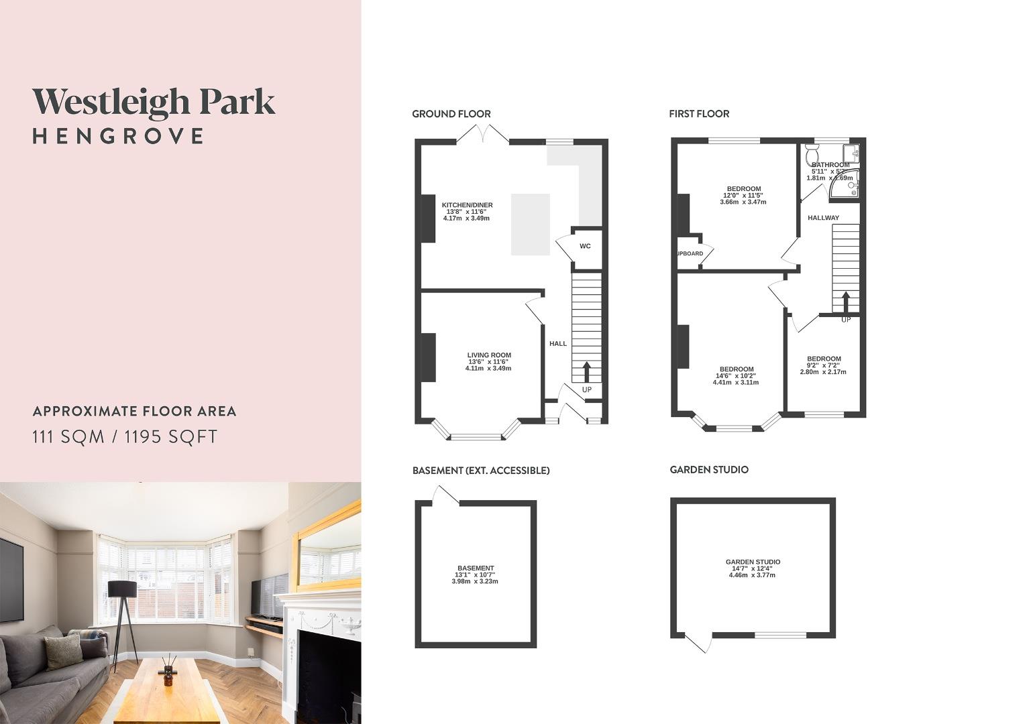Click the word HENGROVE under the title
point(118,136)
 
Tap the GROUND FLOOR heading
point(451,114)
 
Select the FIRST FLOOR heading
point(698,114)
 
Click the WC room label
point(585,246)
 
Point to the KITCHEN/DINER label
point(467,205)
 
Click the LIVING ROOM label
point(489,355)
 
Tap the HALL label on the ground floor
point(558,344)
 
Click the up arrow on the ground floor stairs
point(587,372)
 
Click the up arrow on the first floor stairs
point(846,302)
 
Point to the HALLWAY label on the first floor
point(823,218)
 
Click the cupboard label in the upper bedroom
point(690,253)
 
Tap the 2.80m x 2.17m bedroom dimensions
point(823,372)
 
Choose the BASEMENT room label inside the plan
point(476,568)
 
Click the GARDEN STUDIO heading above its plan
point(709,470)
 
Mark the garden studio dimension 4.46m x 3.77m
point(752,575)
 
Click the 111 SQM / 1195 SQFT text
point(125,437)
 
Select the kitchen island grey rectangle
point(531,225)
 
